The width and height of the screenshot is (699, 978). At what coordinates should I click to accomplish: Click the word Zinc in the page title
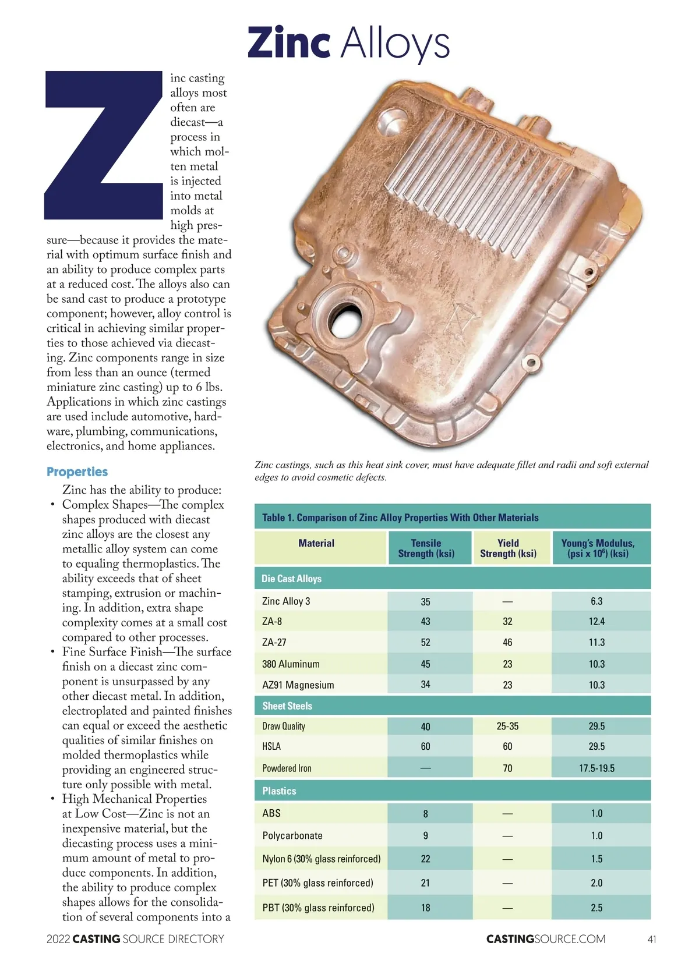click(x=289, y=43)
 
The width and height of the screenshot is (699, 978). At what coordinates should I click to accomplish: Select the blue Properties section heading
click(x=77, y=472)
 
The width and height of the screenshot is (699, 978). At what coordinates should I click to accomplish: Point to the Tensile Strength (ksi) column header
click(x=426, y=548)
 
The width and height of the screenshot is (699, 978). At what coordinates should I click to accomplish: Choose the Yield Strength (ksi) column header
click(x=508, y=548)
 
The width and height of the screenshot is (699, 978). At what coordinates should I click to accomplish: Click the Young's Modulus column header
click(x=598, y=548)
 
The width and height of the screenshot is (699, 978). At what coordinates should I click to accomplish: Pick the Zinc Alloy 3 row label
click(x=286, y=601)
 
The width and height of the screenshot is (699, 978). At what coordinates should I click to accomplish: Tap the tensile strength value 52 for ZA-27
click(x=426, y=643)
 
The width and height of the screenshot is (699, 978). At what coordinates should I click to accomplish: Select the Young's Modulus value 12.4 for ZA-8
click(x=596, y=622)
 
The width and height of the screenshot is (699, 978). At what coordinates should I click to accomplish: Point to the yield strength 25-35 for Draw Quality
click(x=507, y=727)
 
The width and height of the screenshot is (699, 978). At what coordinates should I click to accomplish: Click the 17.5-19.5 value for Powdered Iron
click(x=596, y=768)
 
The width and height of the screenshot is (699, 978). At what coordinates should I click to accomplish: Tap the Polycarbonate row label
click(x=292, y=836)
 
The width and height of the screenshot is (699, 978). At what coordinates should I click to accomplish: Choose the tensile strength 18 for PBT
click(x=426, y=908)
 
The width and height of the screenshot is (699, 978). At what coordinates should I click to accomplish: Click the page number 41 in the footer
click(x=652, y=939)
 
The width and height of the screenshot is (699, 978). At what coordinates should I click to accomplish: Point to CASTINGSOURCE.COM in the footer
click(x=546, y=939)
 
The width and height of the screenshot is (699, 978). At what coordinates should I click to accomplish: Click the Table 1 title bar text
click(x=400, y=518)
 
